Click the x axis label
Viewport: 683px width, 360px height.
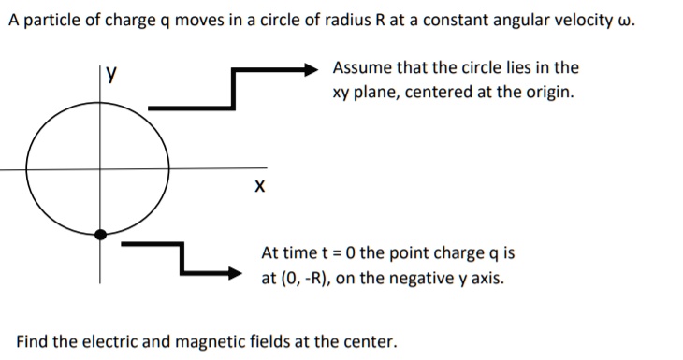[259, 187]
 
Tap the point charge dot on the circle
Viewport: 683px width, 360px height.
[101, 234]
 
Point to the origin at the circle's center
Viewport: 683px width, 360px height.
[101, 168]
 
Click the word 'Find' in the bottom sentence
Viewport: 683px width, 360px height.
[32, 340]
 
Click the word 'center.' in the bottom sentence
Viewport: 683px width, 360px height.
[369, 340]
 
